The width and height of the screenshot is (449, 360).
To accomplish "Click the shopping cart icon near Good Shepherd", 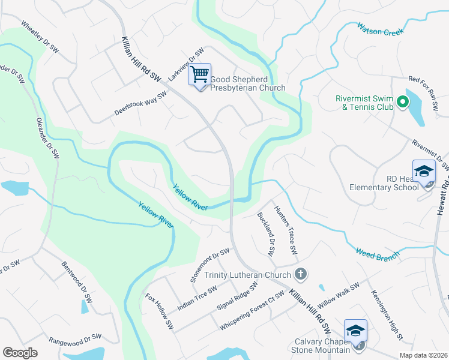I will (x=200, y=76).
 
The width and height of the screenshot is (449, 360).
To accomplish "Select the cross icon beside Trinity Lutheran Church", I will (x=301, y=275).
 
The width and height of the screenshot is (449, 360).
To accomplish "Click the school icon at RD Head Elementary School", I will (x=424, y=170).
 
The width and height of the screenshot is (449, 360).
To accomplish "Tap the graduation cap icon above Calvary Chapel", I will (x=355, y=330).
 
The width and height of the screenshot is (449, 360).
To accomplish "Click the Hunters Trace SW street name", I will (x=286, y=229).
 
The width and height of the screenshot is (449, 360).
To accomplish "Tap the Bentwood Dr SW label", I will (x=77, y=281).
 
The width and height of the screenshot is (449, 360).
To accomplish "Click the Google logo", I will (x=20, y=353).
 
